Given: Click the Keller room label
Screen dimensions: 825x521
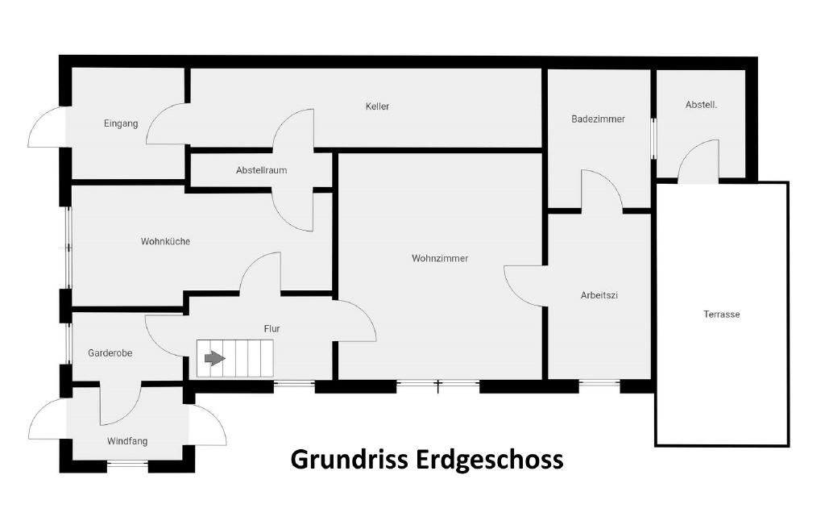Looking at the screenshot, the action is [x=377, y=106].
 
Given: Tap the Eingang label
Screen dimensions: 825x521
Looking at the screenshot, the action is [x=121, y=123].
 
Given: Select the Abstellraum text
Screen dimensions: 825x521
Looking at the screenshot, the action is [x=262, y=170].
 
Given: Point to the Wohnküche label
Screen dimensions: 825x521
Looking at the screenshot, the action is [x=165, y=242].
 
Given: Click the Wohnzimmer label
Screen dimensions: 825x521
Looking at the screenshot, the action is [x=440, y=259].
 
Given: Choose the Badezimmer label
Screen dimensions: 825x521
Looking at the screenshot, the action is [x=599, y=119].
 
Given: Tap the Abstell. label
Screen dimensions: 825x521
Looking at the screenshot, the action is [x=702, y=105].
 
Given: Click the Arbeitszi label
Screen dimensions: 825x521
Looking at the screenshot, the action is [x=599, y=295].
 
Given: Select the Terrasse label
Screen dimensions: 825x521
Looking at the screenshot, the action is [x=722, y=315].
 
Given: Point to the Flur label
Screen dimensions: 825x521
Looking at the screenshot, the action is [x=272, y=329].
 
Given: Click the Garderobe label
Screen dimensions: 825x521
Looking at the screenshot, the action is [x=110, y=353].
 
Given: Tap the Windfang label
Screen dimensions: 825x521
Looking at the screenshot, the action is [x=127, y=441].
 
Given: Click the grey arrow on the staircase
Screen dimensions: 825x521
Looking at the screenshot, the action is [x=214, y=359].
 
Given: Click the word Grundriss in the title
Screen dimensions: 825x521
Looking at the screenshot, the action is [x=349, y=459].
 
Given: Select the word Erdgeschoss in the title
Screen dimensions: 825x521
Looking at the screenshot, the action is [x=490, y=459].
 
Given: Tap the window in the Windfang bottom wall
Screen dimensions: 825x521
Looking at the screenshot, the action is [x=128, y=464].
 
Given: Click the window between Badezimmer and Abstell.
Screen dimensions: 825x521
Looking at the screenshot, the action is [x=654, y=138].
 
